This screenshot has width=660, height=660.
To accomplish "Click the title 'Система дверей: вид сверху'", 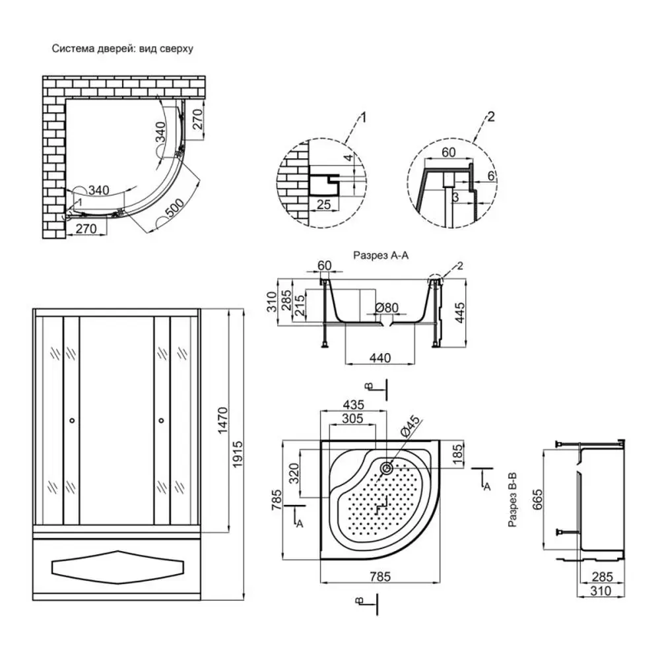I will tap(122, 49).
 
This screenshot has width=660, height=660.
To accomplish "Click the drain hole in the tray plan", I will tap(387, 468).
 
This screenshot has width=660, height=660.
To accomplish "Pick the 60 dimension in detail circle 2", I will tap(448, 153).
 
